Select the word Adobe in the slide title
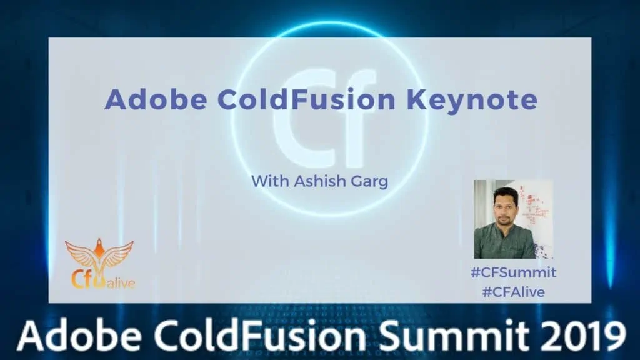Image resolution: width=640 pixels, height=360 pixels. pyautogui.click(x=156, y=99)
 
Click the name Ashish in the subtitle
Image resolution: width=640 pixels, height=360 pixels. pyautogui.click(x=314, y=181)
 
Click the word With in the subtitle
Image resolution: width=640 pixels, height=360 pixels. pyautogui.click(x=270, y=181)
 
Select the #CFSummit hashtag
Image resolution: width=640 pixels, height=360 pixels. pyautogui.click(x=514, y=272)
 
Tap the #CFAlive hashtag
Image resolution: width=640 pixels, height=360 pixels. pyautogui.click(x=514, y=292)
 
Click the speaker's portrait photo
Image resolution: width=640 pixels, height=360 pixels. pyautogui.click(x=514, y=219)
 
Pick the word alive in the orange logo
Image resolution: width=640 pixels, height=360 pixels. pyautogui.click(x=121, y=282)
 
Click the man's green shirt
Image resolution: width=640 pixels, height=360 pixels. pyautogui.click(x=505, y=244)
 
